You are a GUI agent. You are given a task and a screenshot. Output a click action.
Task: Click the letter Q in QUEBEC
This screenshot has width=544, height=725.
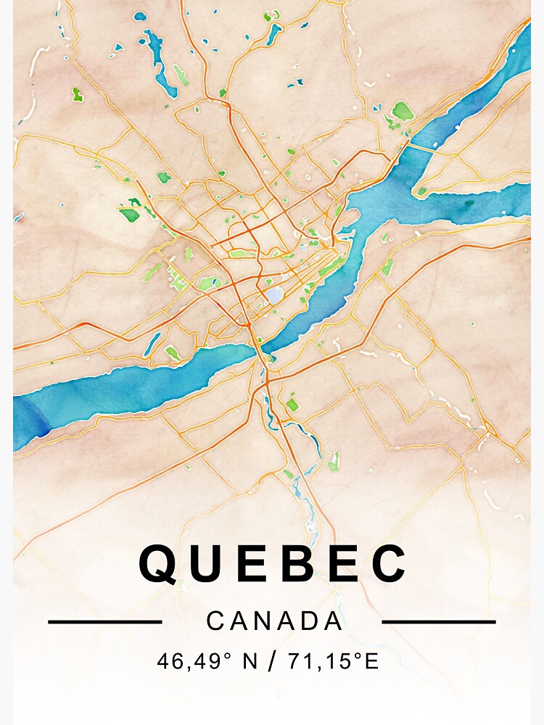(x=159, y=563)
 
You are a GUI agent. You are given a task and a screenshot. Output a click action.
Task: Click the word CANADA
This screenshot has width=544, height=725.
(x=274, y=621)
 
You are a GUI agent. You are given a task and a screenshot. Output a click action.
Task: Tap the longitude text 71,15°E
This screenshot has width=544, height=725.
(x=333, y=661)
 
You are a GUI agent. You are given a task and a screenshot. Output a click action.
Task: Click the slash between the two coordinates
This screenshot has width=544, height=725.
(x=272, y=661)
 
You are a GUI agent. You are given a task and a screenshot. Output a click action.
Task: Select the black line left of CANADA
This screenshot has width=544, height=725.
(x=104, y=621)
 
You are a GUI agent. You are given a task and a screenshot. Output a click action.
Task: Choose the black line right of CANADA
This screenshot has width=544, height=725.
(x=438, y=621)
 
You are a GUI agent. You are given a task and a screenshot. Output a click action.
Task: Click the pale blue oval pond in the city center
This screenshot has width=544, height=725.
(x=275, y=295)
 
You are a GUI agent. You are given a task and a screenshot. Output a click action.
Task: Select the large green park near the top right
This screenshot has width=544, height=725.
(x=403, y=111)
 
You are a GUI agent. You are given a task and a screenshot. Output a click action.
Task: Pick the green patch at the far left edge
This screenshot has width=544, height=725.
(x=77, y=94)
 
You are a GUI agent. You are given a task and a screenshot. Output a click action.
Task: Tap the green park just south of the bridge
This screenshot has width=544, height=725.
(x=292, y=404)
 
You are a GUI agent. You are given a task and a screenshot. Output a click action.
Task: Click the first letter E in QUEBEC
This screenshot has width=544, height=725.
(x=255, y=563)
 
